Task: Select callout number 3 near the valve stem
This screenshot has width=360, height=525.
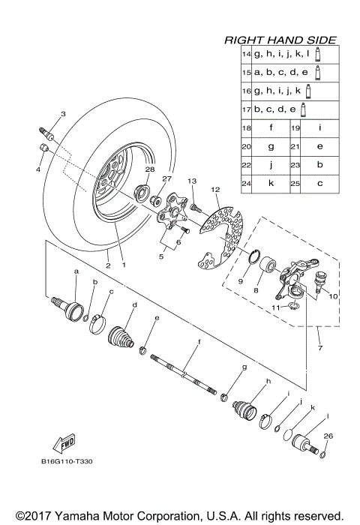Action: click(x=63, y=114)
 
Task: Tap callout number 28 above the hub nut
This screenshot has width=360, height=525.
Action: click(x=149, y=170)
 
